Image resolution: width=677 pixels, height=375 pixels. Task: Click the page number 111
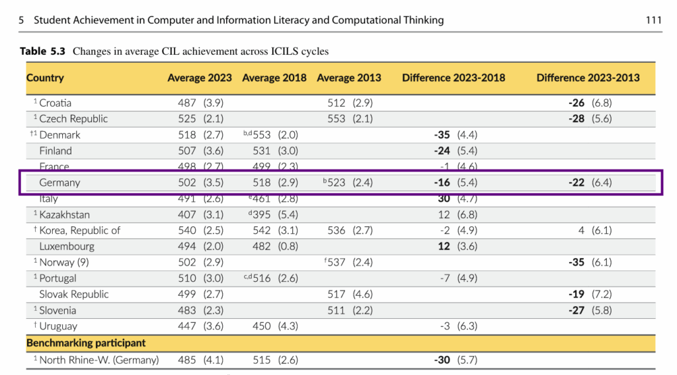[x=653, y=20]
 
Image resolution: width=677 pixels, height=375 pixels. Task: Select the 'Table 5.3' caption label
[x=42, y=51]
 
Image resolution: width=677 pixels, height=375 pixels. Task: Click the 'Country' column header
[x=45, y=77]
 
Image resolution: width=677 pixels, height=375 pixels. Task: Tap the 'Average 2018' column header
[x=274, y=77]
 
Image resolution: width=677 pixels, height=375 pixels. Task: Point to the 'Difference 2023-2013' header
[x=588, y=77]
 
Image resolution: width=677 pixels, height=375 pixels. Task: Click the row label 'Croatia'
[x=55, y=103]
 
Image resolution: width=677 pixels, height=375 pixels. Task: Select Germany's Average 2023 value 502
[x=187, y=183]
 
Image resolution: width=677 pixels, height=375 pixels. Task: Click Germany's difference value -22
[x=577, y=183]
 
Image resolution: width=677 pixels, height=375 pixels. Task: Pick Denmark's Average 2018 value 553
[x=262, y=135]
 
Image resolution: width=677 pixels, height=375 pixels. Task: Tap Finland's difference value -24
[x=442, y=151]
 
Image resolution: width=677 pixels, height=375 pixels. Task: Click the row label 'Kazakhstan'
[x=64, y=214]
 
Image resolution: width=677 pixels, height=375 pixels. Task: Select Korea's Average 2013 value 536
[x=337, y=230]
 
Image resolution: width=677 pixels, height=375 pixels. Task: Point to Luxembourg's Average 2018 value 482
[x=262, y=246]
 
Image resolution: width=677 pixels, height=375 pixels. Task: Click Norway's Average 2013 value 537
[x=337, y=263]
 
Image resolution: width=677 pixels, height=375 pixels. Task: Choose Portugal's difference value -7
[x=445, y=278]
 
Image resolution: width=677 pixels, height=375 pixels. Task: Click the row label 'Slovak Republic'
[x=73, y=294]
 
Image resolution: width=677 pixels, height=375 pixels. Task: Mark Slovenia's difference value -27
[x=577, y=310]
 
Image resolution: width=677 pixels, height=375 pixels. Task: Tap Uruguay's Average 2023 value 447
[x=187, y=326]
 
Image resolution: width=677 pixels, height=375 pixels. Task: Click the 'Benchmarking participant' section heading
[x=86, y=343]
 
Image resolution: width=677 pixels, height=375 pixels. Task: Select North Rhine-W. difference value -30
[x=442, y=360]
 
